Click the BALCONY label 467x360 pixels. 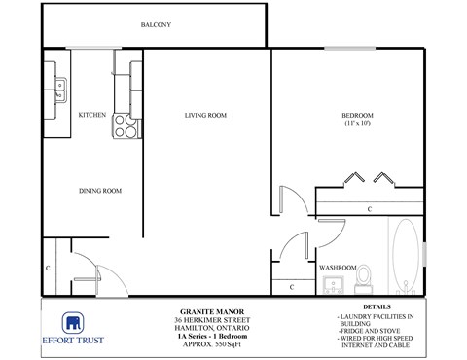point(157,24)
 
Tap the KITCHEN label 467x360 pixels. point(92,115)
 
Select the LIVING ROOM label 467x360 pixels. point(205,115)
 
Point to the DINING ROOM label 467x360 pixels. point(99,191)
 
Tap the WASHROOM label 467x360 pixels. point(338,267)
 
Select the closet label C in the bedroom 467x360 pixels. point(370,208)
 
